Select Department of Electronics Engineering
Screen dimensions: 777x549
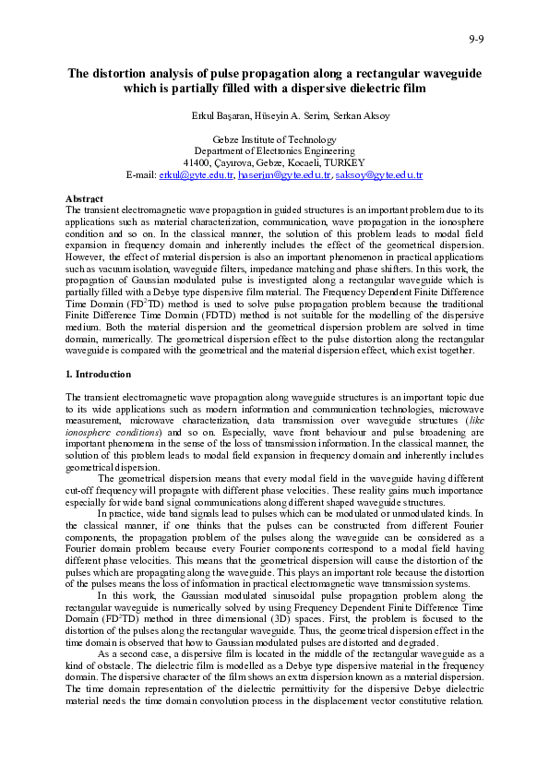[x=274, y=150]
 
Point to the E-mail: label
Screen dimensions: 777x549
[x=141, y=174]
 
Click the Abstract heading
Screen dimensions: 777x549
[x=84, y=198]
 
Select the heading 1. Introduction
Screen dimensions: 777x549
[x=99, y=375]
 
